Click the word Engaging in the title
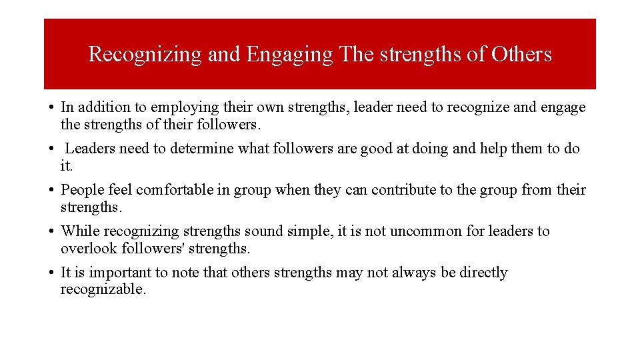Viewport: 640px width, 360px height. pos(289,55)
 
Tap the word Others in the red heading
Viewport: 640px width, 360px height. pos(521,54)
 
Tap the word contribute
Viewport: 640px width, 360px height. pos(403,189)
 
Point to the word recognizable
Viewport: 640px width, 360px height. pos(103,289)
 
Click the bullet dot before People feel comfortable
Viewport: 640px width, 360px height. pos(51,190)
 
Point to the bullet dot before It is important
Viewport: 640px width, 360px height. pos(51,273)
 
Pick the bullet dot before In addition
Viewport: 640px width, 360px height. pos(51,107)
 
